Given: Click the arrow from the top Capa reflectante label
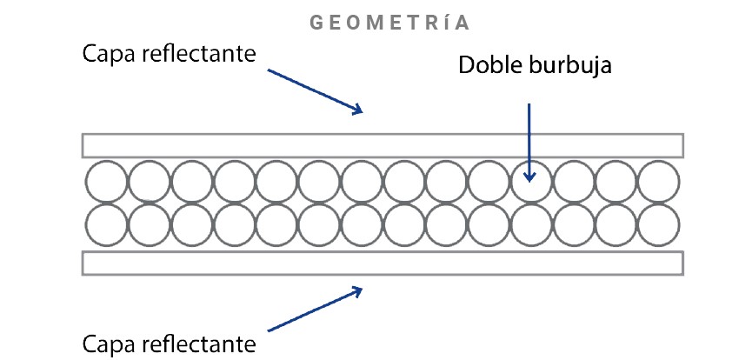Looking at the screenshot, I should [x=313, y=90].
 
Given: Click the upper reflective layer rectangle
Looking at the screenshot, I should [x=383, y=144].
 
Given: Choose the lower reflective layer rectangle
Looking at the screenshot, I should [x=383, y=263].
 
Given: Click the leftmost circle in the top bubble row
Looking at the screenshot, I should [x=106, y=182].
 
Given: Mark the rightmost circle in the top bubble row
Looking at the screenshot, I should [x=658, y=182].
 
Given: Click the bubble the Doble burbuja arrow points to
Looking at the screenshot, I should [x=530, y=182].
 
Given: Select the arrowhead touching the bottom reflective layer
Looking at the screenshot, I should [x=356, y=290].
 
